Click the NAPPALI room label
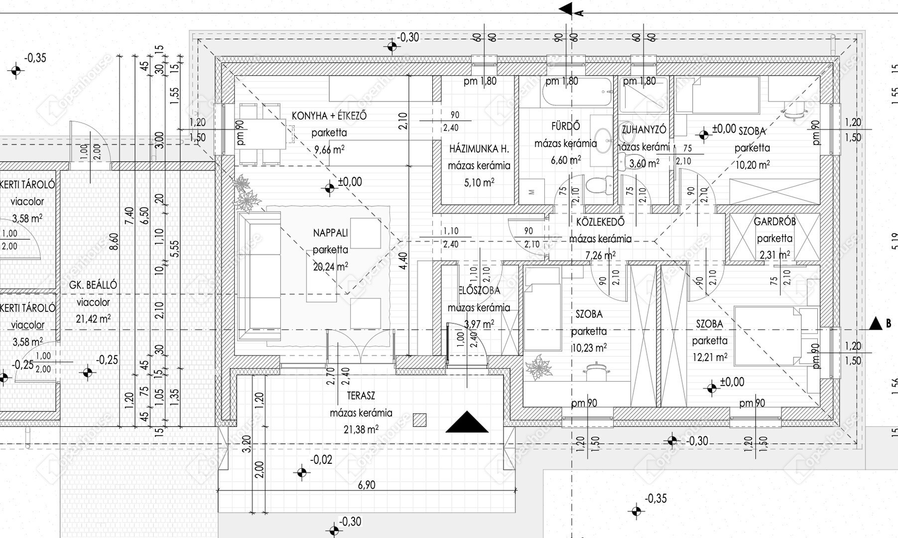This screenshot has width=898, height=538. [x=330, y=233]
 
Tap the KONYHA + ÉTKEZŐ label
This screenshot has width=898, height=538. [x=329, y=116]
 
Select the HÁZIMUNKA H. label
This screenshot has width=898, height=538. [x=479, y=148]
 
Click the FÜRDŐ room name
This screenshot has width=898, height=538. [x=565, y=127]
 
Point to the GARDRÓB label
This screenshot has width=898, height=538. [x=774, y=222]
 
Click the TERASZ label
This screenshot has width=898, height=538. [x=361, y=396]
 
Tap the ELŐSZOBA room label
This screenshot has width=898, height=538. [x=479, y=290]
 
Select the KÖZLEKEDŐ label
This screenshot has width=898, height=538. [x=600, y=222]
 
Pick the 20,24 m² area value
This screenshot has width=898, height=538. [x=330, y=267]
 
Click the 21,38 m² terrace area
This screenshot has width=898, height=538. [x=361, y=429]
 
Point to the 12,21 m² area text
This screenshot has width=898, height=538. [x=709, y=357]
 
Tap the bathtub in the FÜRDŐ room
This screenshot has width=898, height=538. [x=576, y=92]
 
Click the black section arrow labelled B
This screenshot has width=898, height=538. [x=876, y=324]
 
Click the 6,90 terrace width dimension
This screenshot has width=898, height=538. [x=366, y=485]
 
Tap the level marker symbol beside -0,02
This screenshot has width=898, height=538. [x=302, y=472]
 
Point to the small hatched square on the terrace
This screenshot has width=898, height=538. [x=420, y=420]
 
